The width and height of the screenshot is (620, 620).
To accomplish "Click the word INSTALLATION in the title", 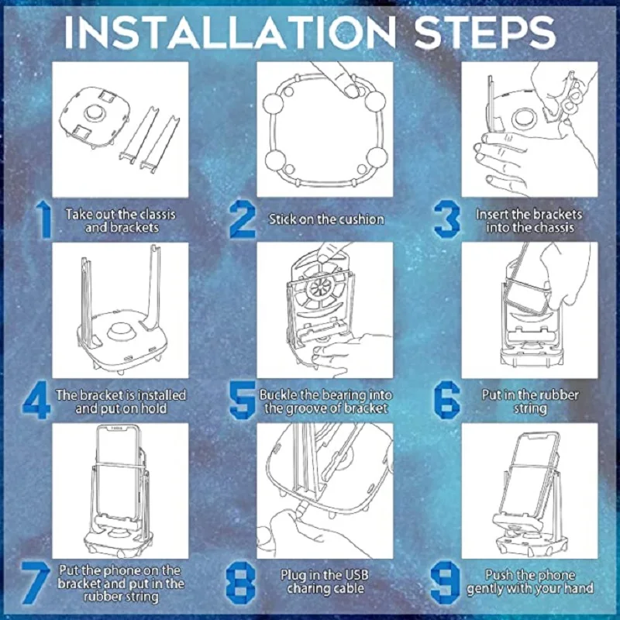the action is pos(229,33).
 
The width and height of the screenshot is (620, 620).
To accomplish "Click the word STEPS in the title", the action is pos(485,33).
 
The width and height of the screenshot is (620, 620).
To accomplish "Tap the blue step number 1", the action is pos(44,220).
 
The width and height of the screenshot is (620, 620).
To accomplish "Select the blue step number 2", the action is pos(243,219).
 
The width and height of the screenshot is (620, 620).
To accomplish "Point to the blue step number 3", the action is pos(447,219).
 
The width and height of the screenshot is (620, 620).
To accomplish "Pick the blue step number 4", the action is pos(36,400).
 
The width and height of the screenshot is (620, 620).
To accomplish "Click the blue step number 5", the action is pos(243,400).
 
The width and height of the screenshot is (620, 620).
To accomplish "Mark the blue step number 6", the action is pos(447,400).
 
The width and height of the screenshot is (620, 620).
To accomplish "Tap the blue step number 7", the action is pos(36,583).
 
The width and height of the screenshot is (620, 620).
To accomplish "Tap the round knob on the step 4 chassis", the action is pos(120,331).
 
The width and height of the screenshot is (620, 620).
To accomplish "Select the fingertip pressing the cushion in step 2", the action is pos(350,90).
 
